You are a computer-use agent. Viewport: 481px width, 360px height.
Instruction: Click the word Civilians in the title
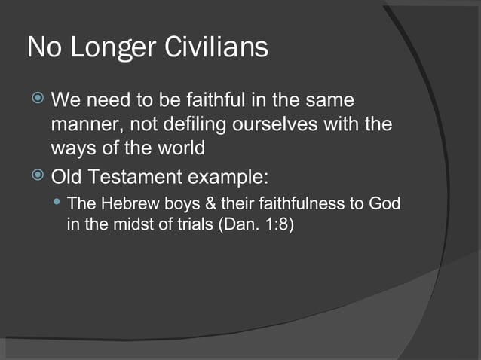tap(219, 48)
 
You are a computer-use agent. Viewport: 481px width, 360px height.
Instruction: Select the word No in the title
tap(44, 48)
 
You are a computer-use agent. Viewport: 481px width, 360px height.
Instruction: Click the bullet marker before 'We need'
tap(36, 99)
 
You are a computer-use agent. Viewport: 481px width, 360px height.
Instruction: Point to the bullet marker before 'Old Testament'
tap(36, 178)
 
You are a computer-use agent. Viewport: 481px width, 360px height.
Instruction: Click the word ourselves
tap(277, 124)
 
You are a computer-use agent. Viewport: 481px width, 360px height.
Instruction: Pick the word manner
tap(81, 124)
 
